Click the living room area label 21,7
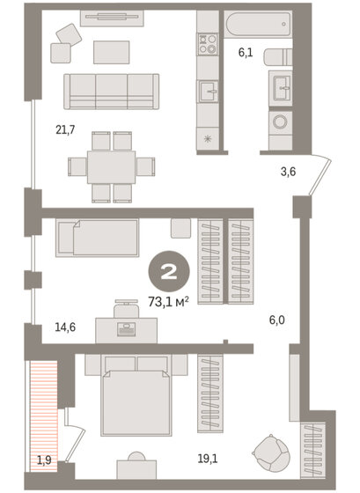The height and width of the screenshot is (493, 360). click(x=66, y=129)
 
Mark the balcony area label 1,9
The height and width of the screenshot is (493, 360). click(x=45, y=457)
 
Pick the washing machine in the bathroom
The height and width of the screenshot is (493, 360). click(x=283, y=123)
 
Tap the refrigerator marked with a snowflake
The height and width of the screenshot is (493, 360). click(x=208, y=140)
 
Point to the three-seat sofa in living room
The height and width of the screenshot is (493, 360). click(x=111, y=90)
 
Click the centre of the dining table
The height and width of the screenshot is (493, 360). click(x=112, y=166)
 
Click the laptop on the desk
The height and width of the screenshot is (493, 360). click(x=127, y=328)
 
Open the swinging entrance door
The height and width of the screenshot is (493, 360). click(x=321, y=176)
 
